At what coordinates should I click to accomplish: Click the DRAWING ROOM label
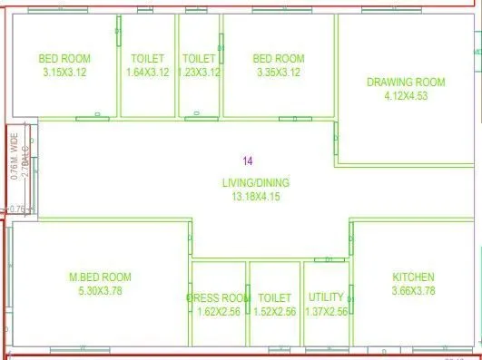point(406,82)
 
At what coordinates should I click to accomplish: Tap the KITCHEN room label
point(413,277)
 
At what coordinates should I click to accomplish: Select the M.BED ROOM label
point(101,277)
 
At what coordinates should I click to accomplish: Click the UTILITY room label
point(326,297)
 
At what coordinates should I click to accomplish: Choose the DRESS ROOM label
point(218,297)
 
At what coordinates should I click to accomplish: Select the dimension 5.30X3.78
point(101,290)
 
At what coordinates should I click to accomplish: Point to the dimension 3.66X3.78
point(413,290)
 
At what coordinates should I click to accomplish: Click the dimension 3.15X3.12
point(64,72)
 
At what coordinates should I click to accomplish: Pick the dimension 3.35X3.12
point(279,72)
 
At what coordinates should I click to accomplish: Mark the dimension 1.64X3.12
point(147,72)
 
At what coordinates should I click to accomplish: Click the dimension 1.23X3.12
point(200,72)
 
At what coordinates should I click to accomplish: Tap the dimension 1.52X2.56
point(274,311)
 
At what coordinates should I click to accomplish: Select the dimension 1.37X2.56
point(327,311)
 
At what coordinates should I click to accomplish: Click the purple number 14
point(248,161)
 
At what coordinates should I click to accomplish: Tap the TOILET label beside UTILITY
point(274,297)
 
